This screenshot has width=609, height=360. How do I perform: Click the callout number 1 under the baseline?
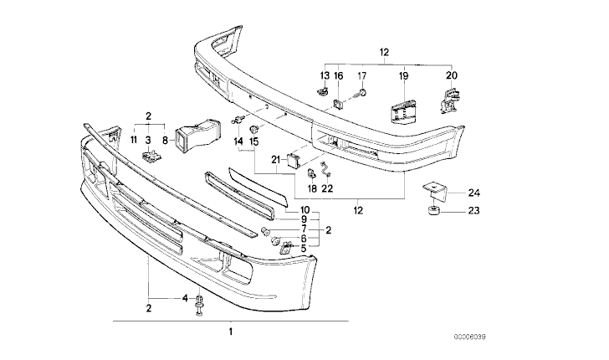pos(230,333)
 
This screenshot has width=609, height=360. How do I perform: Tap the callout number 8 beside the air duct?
pos(166,140)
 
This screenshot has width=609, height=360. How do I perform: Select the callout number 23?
pos(474,211)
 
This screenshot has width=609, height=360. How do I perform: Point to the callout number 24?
pos(474,193)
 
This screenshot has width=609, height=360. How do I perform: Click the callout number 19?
pos(402,76)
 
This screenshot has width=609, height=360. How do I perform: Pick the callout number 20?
pos(453,76)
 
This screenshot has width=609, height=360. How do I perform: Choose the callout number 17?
pos(362,76)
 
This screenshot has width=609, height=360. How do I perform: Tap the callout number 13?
pos(321,76)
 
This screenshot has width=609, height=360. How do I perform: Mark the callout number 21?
pos(275,158)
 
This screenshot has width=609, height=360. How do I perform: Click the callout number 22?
pos(327,188)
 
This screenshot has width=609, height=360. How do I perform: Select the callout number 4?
pos(185,298)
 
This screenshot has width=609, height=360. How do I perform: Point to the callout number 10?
pos(304,210)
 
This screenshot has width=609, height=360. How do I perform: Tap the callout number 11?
pos(132,140)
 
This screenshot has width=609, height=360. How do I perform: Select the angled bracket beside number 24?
pos(432,190)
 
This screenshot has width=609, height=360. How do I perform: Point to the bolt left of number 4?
pos(201,305)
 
